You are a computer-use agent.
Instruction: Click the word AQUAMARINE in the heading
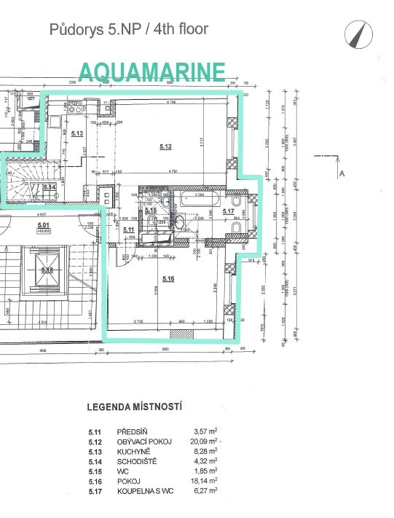tap(151, 71)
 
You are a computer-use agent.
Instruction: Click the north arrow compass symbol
tap(357, 34)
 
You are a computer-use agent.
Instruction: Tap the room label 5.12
tap(165, 147)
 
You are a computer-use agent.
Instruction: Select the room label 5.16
tap(169, 278)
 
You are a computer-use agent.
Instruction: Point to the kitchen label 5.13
tap(77, 133)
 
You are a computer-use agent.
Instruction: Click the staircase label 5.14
tap(50, 187)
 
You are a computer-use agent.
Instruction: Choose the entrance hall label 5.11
tap(129, 230)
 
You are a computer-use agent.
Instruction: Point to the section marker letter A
tap(342, 173)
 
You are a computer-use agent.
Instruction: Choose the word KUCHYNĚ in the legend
tap(133, 452)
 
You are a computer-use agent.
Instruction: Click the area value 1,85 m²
tap(205, 471)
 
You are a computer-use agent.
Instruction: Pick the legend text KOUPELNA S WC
tap(146, 492)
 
